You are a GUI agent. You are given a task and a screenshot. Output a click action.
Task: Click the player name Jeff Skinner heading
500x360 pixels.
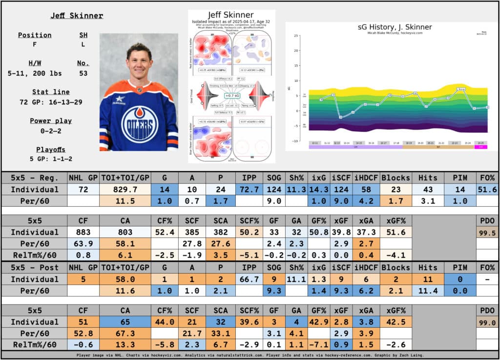point(77,16)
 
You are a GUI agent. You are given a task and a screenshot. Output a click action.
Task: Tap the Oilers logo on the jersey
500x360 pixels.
point(140,123)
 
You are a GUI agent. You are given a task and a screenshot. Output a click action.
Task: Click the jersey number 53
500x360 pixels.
point(83,73)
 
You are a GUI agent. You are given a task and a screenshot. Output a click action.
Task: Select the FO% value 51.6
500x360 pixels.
point(487,189)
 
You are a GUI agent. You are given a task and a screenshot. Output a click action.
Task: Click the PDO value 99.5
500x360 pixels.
point(487,233)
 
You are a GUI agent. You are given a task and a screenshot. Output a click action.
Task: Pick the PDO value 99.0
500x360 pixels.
point(487,323)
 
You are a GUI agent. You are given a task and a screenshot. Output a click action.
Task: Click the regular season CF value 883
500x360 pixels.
point(83,232)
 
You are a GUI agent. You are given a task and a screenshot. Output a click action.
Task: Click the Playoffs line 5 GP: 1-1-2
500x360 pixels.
point(50,159)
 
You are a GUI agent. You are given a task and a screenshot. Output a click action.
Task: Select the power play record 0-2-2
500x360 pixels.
point(50,130)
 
